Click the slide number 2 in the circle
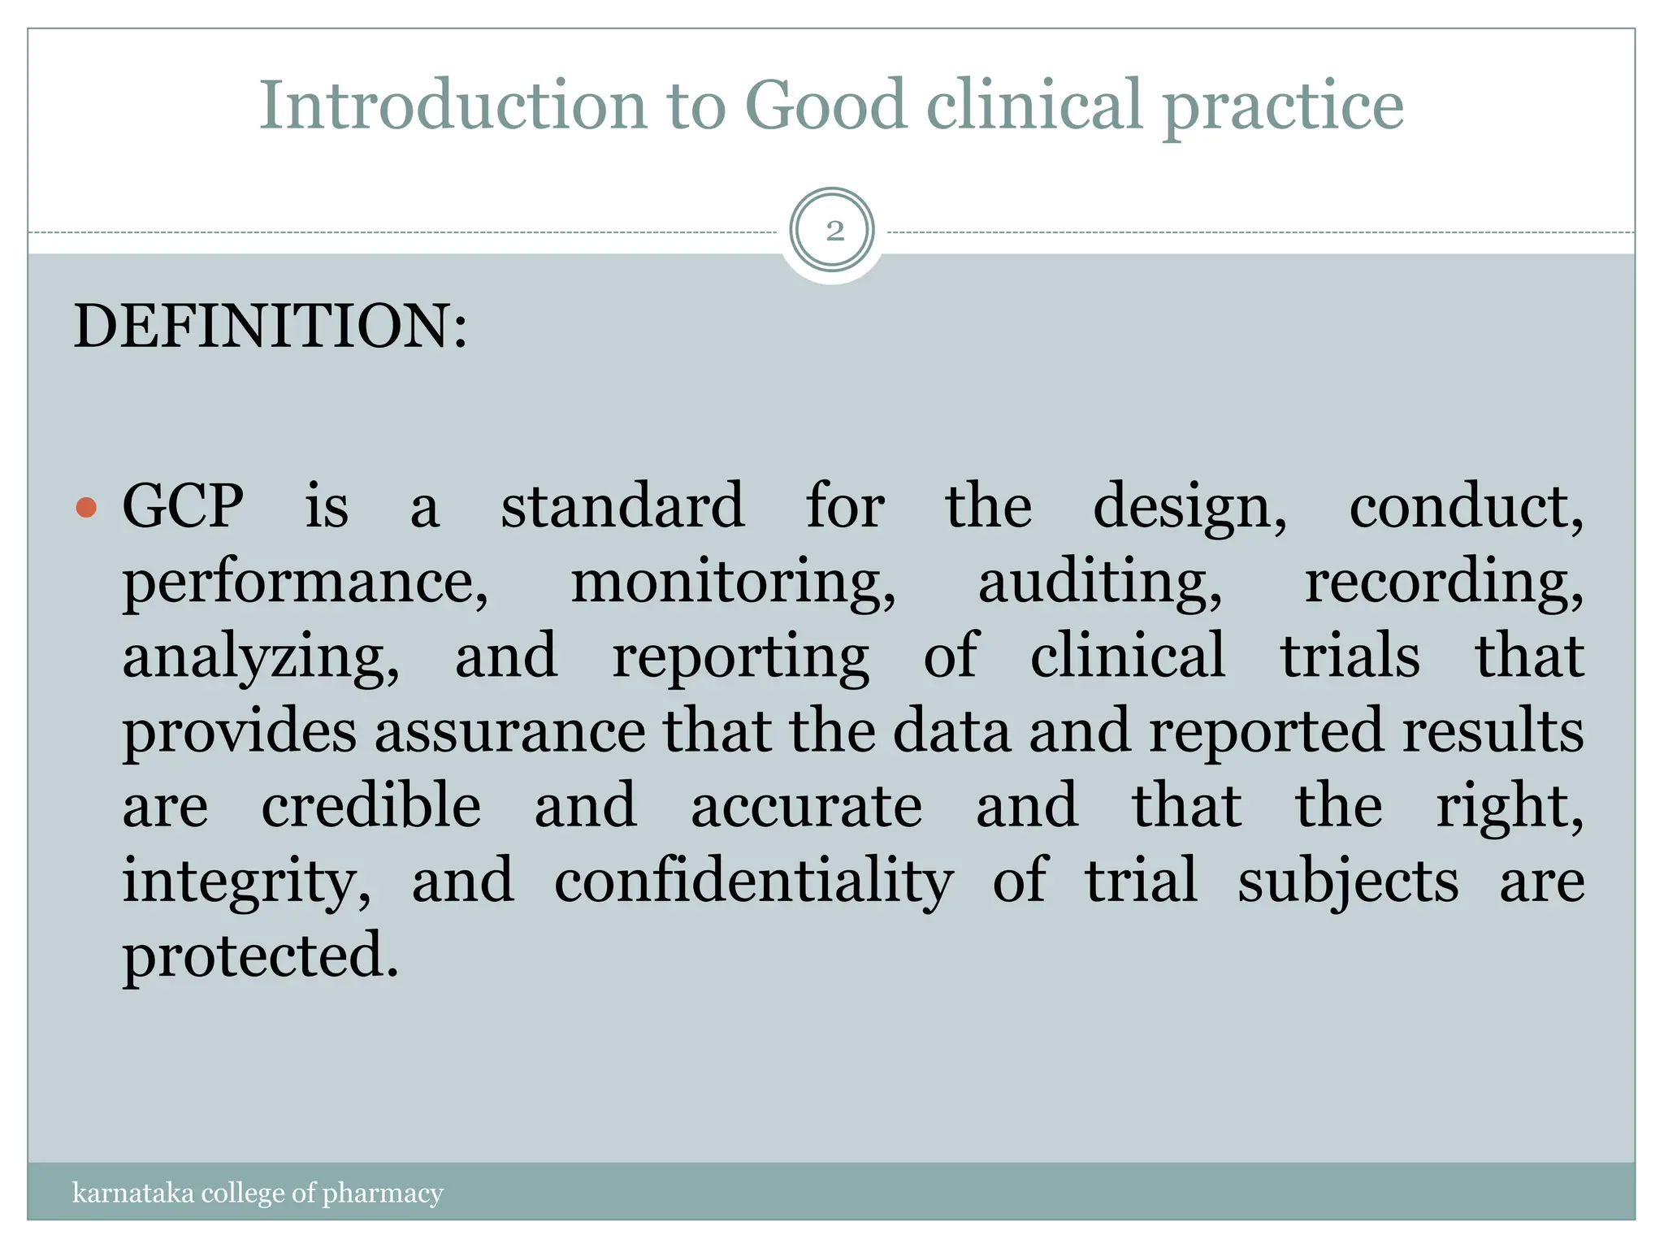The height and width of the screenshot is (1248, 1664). point(834,232)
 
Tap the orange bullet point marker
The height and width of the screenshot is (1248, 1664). point(85,509)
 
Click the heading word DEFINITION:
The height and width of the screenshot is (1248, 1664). point(271,326)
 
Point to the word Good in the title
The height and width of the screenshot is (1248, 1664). point(825,106)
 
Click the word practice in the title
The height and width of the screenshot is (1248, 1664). point(1283,107)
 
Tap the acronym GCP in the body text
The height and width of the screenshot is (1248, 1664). point(183,506)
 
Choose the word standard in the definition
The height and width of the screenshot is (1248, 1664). point(622,506)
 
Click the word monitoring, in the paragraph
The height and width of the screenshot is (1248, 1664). point(733,582)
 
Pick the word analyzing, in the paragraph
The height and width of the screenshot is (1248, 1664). point(260,657)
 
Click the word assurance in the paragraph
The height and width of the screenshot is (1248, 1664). point(509,731)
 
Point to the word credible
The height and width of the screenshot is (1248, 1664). point(371,806)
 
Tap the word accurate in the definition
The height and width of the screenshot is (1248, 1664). point(806,806)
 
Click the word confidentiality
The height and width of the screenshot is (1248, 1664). point(753,882)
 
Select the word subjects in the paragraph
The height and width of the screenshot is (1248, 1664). point(1348,882)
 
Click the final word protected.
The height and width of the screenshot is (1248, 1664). point(260,956)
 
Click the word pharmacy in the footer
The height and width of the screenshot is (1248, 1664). point(383,1194)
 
